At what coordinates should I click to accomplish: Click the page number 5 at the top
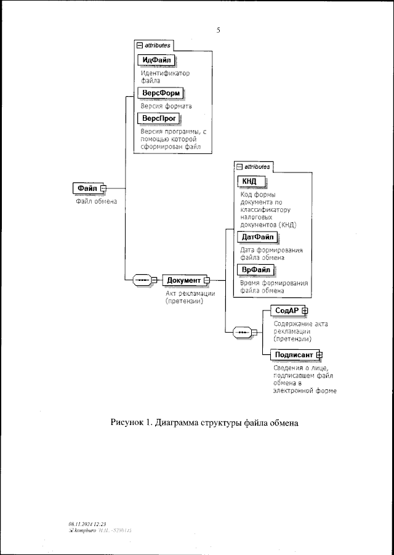coord(219,29)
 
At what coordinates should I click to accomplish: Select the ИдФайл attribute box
coord(156,60)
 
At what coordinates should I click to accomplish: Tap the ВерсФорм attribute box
coord(160,93)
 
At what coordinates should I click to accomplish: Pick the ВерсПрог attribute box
coord(159,118)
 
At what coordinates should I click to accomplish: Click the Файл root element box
coord(86,188)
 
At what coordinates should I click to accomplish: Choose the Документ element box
coord(183,280)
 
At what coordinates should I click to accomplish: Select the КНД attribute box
coord(250,180)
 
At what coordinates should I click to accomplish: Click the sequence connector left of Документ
coord(142,280)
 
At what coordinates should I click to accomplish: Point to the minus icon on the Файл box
coord(103,188)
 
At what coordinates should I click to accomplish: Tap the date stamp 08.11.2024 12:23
coord(88,522)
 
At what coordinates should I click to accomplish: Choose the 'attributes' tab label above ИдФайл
coord(156,46)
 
